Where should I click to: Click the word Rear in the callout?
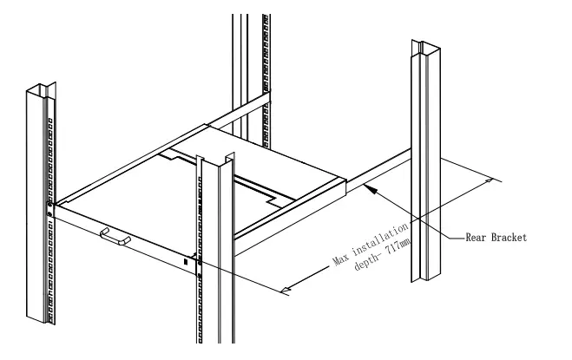(476, 238)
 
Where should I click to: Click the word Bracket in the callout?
(509, 238)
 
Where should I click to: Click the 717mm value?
(399, 250)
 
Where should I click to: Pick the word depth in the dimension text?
(365, 268)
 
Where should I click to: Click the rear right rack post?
(423, 165)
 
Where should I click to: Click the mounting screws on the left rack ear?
(49, 207)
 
